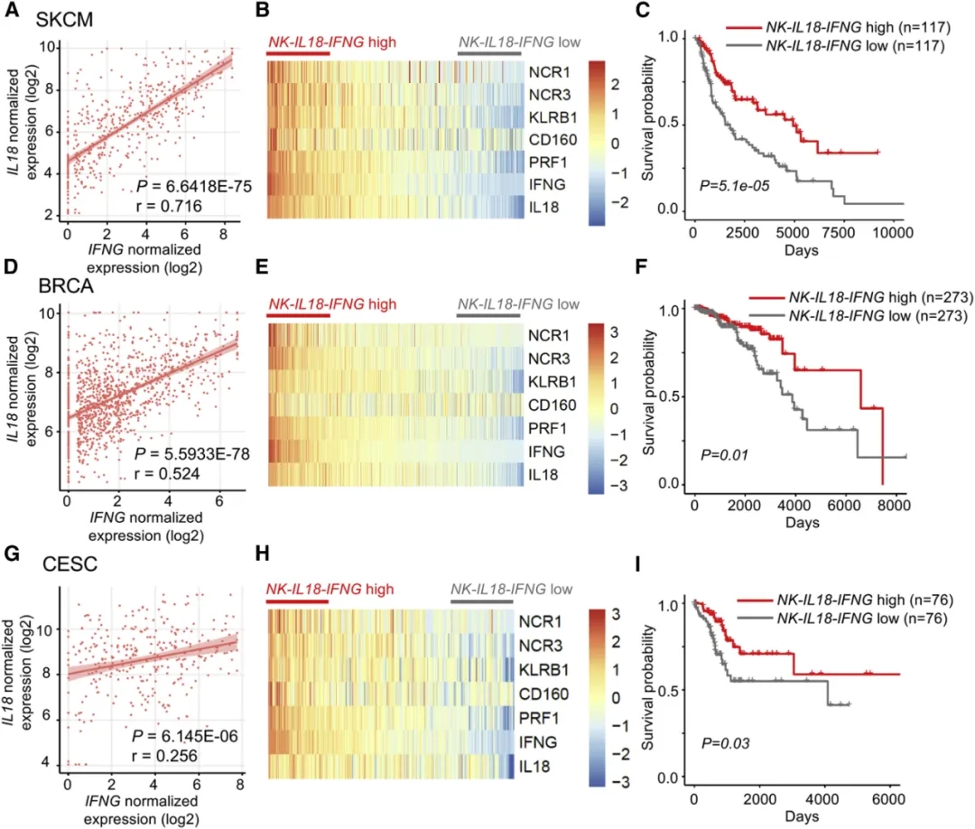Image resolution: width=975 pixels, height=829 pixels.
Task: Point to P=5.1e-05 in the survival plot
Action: click(x=730, y=185)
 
